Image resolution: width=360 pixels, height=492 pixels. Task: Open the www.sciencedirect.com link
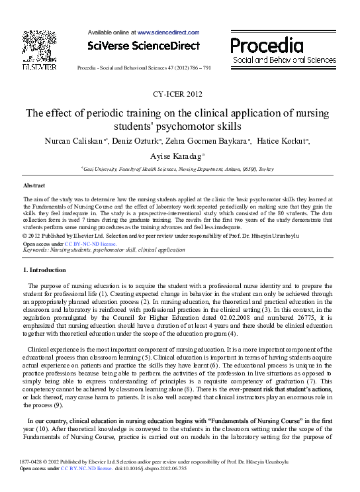pyautogui.click(x=168, y=32)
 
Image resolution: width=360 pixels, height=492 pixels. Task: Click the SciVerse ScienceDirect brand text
pyautogui.click(x=143, y=46)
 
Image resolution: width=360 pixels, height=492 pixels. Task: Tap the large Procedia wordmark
pyautogui.click(x=267, y=46)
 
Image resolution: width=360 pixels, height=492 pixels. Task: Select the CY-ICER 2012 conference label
pyautogui.click(x=178, y=94)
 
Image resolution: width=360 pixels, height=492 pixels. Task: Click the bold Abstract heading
pyautogui.click(x=34, y=185)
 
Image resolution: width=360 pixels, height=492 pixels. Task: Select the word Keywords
pyautogui.click(x=37, y=250)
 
